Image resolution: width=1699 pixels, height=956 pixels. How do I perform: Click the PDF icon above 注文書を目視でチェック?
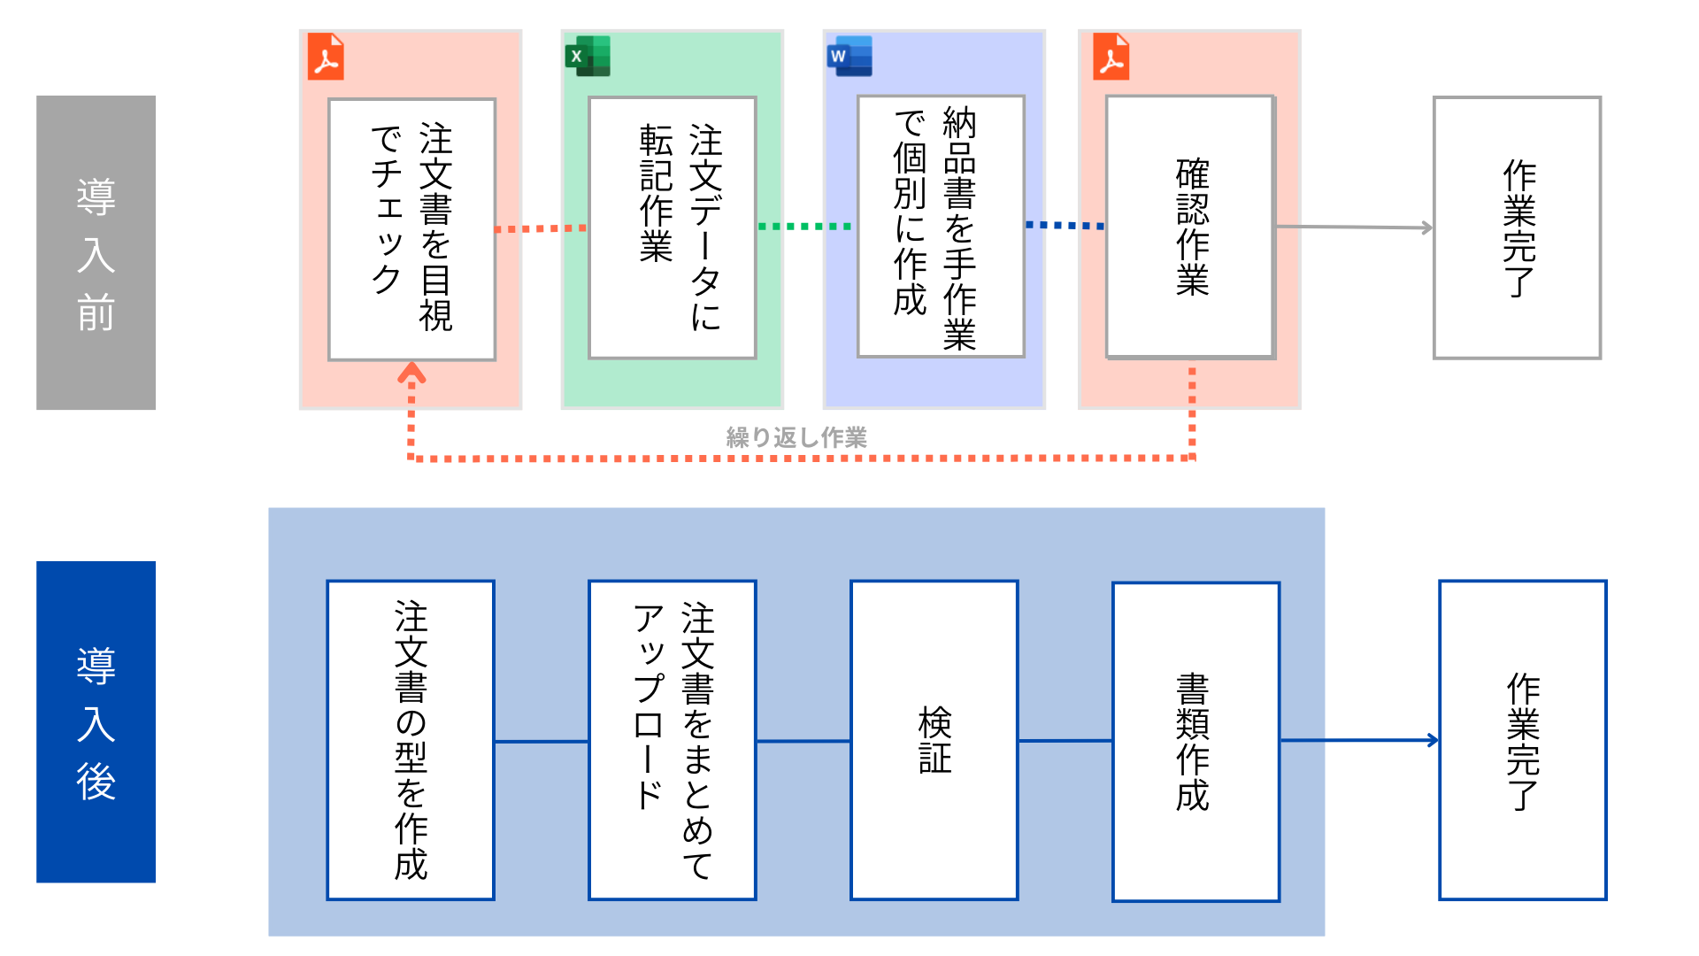(326, 58)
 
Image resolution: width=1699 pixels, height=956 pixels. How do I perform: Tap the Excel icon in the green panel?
(588, 57)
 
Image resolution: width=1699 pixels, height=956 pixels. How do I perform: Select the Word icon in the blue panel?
(849, 57)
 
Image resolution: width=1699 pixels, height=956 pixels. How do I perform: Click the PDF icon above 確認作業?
(1111, 58)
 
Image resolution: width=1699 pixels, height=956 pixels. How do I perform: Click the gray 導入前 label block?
(96, 252)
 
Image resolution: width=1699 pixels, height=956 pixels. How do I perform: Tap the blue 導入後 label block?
(96, 721)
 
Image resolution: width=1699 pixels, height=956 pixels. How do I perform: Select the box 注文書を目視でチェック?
(411, 229)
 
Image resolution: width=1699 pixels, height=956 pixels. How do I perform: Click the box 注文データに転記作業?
(673, 227)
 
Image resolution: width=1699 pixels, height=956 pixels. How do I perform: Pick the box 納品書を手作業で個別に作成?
(941, 227)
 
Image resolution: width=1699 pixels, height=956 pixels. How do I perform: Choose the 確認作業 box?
(1190, 227)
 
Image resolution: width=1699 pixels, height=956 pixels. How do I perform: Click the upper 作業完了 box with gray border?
(1517, 227)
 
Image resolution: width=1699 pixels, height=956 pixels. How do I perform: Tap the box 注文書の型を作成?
(411, 740)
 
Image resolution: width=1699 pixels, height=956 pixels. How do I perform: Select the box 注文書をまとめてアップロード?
(673, 740)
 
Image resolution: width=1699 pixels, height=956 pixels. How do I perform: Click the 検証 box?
(934, 740)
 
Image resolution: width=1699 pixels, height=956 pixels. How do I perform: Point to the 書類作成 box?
(1195, 742)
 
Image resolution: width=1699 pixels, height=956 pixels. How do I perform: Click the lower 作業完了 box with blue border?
(1522, 740)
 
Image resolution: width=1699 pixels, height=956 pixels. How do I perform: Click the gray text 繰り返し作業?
(796, 437)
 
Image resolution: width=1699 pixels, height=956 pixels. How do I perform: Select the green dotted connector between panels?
(804, 227)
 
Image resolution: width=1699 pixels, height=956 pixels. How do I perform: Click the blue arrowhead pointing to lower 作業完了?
(1433, 740)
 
